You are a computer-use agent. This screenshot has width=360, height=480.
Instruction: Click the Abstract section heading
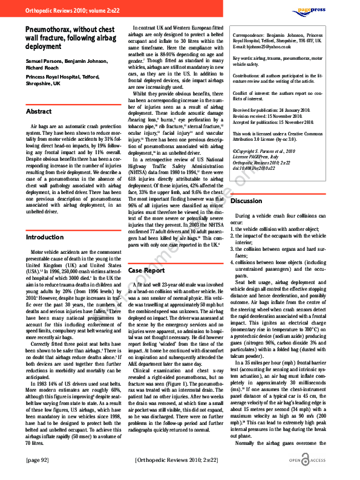39,112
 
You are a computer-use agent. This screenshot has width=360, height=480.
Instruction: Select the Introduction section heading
44,238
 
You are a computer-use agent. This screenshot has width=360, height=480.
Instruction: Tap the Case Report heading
147,271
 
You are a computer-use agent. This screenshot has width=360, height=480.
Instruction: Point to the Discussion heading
246,201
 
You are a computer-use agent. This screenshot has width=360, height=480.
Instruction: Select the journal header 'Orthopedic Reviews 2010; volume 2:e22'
68,11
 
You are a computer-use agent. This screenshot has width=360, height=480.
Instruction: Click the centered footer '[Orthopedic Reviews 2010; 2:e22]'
177,461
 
